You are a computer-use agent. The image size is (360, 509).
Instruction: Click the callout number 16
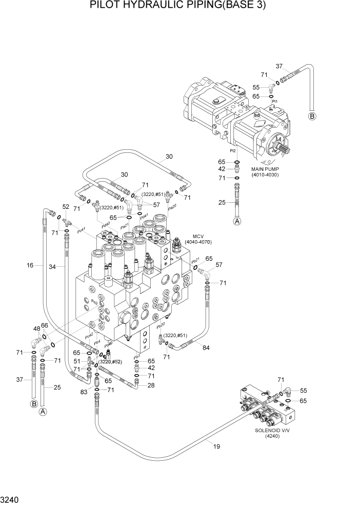[x=30, y=265]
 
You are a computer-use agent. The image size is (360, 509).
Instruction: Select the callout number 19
[x=217, y=446]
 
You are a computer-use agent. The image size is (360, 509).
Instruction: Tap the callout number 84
[x=206, y=348]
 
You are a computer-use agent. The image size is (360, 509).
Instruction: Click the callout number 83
[x=83, y=392]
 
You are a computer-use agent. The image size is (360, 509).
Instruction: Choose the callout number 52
[x=66, y=206]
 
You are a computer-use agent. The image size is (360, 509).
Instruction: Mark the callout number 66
[x=45, y=325]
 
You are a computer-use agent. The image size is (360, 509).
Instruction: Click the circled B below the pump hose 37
[x=312, y=116]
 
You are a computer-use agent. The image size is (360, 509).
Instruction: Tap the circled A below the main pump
[x=237, y=222]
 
